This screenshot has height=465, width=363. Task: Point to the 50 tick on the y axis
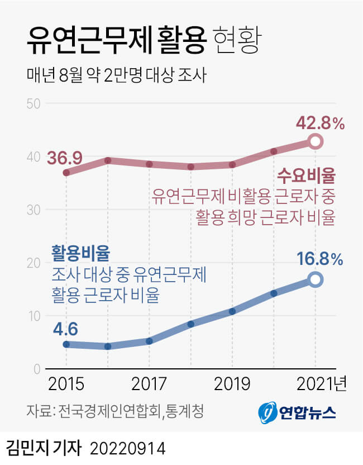pos(33,103)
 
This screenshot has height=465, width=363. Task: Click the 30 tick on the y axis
pos(33,210)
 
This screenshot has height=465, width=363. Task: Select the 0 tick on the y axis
pos(36,369)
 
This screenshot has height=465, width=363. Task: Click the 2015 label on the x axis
pos(66,385)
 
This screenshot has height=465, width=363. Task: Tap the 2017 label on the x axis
pos(149,385)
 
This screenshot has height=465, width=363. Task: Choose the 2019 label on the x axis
pos(232,385)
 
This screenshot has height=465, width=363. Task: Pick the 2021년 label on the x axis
pos(321,385)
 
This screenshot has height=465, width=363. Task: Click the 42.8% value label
pos(319,123)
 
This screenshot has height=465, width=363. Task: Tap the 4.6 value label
pos(65,328)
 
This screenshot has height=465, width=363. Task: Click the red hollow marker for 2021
pos(316,141)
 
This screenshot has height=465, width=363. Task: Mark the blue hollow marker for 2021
pos(316,279)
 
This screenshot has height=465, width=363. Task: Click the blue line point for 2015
pos(66,344)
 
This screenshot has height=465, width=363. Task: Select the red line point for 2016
pos(108,160)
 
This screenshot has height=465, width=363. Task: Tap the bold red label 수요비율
pos(307,177)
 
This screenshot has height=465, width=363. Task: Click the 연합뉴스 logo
pos(297,412)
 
